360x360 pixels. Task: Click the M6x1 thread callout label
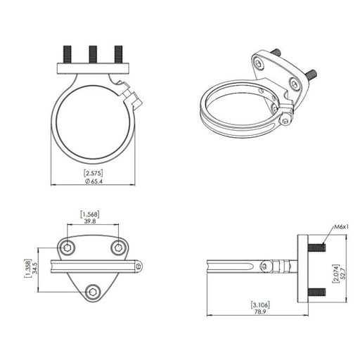point(342,227)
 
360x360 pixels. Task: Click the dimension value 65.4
point(97,181)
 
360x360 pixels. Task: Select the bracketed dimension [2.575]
point(94,174)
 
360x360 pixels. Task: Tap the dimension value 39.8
point(90,221)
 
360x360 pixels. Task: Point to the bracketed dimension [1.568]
point(90,214)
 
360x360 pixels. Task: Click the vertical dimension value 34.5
point(34,268)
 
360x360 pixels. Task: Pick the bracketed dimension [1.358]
point(27,269)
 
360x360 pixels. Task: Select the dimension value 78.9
point(260,312)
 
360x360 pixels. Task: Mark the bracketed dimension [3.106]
point(260,305)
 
